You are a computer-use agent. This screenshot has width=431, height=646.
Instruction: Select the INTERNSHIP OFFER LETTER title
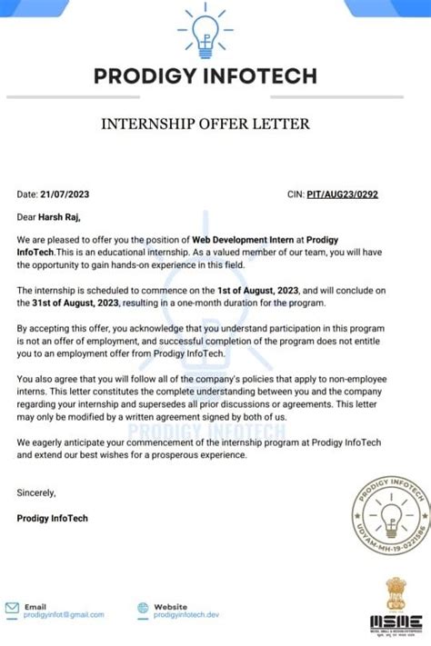tap(215, 123)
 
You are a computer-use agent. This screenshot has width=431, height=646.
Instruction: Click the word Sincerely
tap(36, 492)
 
